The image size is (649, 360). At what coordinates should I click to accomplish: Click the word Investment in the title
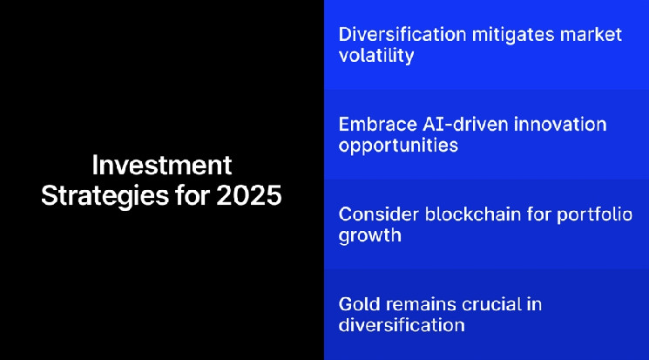pyautogui.click(x=162, y=166)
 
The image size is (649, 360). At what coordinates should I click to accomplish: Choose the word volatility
pyautogui.click(x=375, y=57)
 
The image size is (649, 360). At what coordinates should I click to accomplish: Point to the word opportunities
pyautogui.click(x=398, y=146)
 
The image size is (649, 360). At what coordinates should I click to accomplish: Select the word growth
pyautogui.click(x=369, y=235)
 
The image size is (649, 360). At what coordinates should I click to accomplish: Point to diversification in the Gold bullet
pyautogui.click(x=401, y=325)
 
